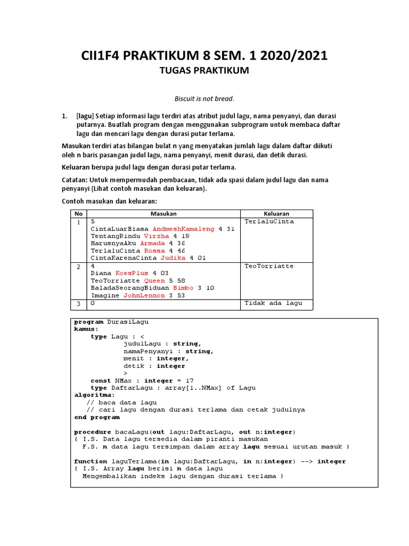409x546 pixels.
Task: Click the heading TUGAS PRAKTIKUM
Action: click(204, 70)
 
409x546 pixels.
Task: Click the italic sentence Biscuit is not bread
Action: click(204, 99)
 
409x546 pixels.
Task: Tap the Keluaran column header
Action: click(277, 213)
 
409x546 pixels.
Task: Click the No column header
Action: click(78, 213)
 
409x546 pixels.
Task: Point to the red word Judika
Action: click(173, 258)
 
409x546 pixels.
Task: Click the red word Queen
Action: click(155, 280)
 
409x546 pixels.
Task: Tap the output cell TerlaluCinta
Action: click(269, 221)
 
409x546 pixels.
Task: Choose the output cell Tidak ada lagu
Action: click(273, 303)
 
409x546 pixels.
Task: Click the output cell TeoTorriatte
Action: click(269, 266)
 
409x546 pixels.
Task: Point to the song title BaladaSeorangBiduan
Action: click(130, 287)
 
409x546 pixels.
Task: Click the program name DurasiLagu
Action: click(128, 322)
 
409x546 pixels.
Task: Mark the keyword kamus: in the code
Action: click(86, 329)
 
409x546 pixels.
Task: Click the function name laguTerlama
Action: click(132, 461)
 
